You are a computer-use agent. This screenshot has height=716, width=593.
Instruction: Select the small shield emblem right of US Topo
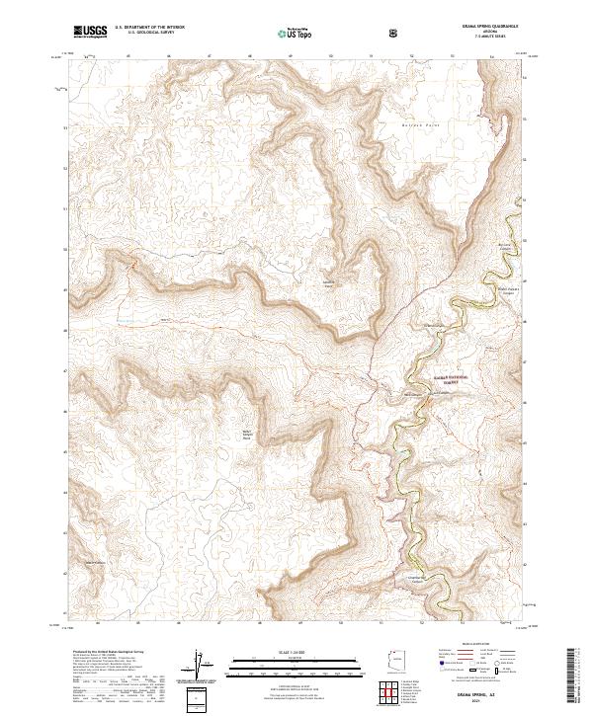[x=394, y=33]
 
